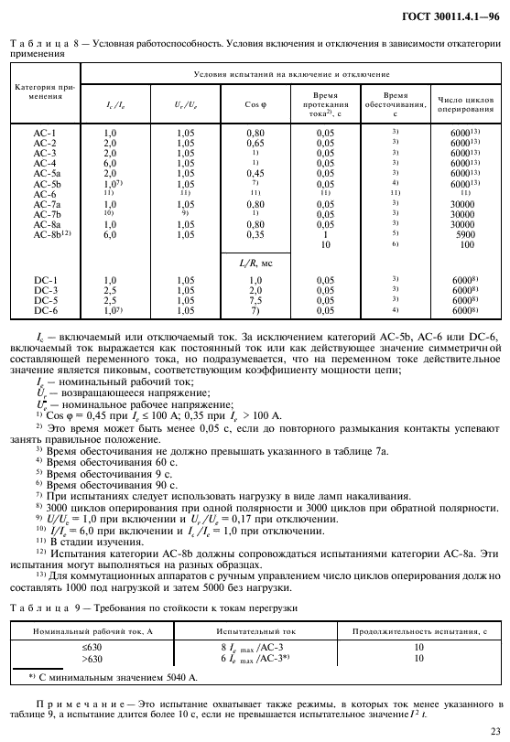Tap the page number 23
pos(495,730)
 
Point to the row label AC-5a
pos(47,173)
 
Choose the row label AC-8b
pos(51,234)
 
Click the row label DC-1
pos(46,279)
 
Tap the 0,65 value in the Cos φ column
pos(255,143)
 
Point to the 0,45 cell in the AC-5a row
pos(255,173)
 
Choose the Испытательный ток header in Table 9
pos(255,631)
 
